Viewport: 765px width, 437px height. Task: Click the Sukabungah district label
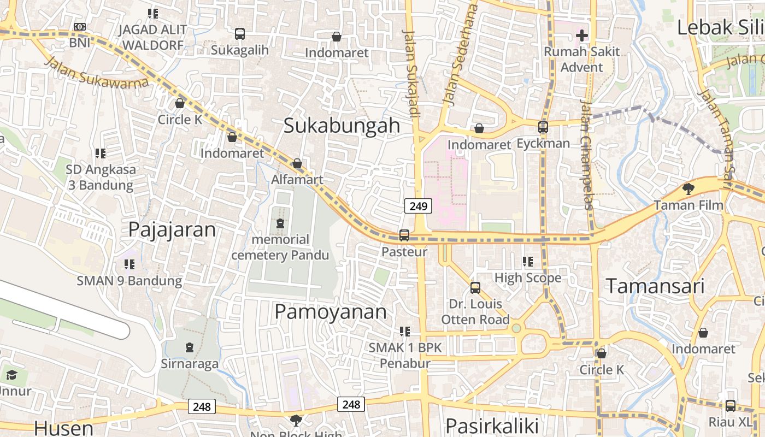[x=342, y=126]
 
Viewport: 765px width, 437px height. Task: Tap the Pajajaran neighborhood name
[x=172, y=230]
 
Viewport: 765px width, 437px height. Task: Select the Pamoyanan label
[x=330, y=312]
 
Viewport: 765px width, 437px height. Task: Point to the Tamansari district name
[x=655, y=286]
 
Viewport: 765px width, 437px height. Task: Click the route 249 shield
[x=418, y=206]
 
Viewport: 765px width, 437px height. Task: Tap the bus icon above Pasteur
[x=404, y=235]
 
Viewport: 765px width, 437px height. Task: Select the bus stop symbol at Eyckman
[x=543, y=127]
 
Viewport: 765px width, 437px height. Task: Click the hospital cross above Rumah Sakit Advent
[x=582, y=36]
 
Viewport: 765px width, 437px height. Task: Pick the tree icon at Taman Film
[x=688, y=190]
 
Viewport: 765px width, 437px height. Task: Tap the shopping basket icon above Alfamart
[x=297, y=163]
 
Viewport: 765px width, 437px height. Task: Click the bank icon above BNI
[x=80, y=27]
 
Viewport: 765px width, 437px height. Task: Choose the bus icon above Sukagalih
[x=240, y=34]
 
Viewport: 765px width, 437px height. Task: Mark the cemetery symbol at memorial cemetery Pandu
[x=280, y=223]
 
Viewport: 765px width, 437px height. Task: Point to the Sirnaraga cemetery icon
[x=190, y=347]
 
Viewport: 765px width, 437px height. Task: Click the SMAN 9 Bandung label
[x=129, y=281]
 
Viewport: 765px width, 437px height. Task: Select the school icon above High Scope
[x=527, y=262]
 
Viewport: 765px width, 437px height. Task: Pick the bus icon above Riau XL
[x=730, y=406]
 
